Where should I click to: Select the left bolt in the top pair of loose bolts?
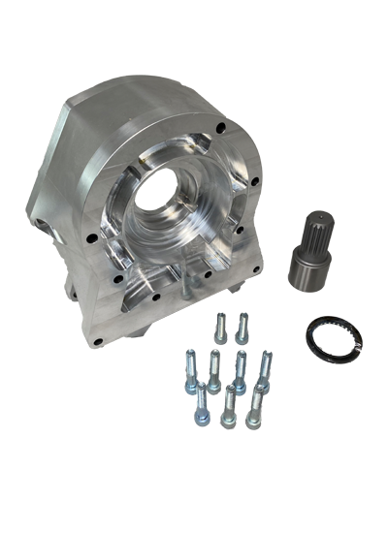pos(222,326)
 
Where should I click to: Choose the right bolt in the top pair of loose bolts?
pos(242,326)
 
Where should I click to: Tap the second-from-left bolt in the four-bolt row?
pos(213,369)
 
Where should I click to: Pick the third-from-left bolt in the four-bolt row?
pos(240,367)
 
